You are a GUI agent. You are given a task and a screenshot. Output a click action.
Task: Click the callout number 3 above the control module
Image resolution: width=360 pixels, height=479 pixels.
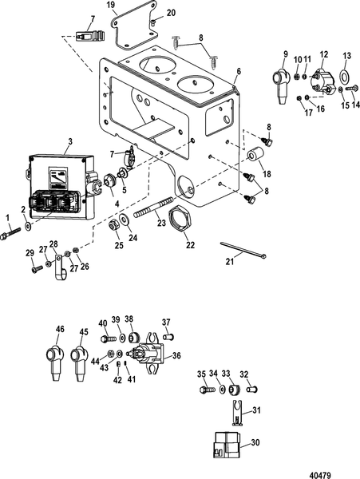coord(70,141)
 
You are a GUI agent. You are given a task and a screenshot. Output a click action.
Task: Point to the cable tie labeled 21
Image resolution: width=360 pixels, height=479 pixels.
coord(243,250)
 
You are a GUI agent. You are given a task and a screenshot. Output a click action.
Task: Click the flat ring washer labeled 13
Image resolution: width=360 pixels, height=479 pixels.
coord(346,77)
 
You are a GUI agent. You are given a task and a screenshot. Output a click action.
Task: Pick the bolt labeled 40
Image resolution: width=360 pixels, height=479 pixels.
coord(109,338)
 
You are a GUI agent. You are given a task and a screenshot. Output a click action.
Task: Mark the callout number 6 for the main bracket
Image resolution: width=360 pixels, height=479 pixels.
coord(239,72)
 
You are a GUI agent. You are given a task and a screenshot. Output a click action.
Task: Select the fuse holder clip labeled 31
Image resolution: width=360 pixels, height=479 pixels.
coord(236,413)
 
